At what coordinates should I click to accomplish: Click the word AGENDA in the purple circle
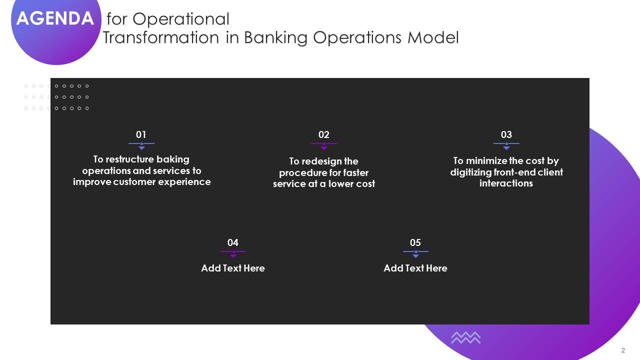[55, 18]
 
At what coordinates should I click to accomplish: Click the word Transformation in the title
[160, 38]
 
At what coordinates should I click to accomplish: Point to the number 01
[141, 134]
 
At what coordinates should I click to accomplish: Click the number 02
[324, 134]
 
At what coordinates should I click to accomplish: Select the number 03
[506, 134]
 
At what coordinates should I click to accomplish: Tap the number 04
[233, 242]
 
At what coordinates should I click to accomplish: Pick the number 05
[415, 242]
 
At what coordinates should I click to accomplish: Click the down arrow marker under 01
[141, 147]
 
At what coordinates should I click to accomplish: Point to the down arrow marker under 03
[506, 147]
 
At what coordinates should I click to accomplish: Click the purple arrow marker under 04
[233, 255]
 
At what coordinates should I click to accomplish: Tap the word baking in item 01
[173, 159]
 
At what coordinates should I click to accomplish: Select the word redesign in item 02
[322, 161]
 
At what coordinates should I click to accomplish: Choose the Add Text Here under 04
[233, 268]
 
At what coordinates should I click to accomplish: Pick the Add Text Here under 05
[415, 268]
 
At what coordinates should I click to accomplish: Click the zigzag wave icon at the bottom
[465, 338]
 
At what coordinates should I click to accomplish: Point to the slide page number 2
[623, 350]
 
